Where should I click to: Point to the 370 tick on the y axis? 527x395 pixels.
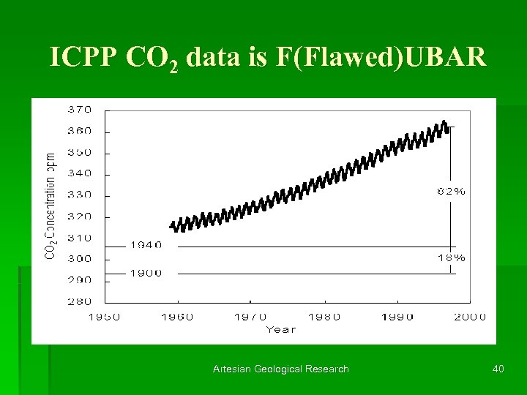pyautogui.click(x=80, y=110)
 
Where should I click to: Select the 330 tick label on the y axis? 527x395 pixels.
pyautogui.click(x=80, y=195)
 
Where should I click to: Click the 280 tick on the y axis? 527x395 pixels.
pyautogui.click(x=80, y=301)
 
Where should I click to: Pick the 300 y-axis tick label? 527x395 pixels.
pyautogui.click(x=80, y=259)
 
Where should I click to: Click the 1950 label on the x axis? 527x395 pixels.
pyautogui.click(x=105, y=317)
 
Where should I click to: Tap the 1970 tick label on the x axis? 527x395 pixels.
pyautogui.click(x=250, y=317)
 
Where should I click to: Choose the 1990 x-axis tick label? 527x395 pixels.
pyautogui.click(x=397, y=317)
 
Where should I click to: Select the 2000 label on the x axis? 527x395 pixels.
pyautogui.click(x=470, y=317)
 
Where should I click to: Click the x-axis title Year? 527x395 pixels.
pyautogui.click(x=282, y=329)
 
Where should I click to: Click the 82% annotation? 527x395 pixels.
pyautogui.click(x=451, y=191)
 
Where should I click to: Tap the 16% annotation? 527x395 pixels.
pyautogui.click(x=451, y=257)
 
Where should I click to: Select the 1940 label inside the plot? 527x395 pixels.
pyautogui.click(x=146, y=245)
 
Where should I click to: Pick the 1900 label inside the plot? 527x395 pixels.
pyautogui.click(x=146, y=273)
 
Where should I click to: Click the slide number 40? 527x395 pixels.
pyautogui.click(x=498, y=369)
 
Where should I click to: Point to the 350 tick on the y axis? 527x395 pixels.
pyautogui.click(x=80, y=153)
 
